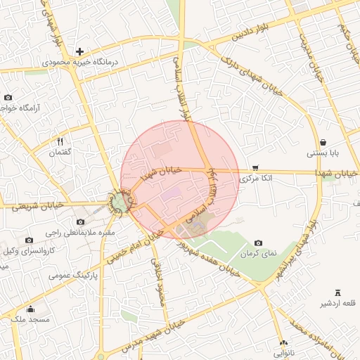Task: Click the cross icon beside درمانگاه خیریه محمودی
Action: click(80, 51)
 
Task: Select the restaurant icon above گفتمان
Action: click(60, 142)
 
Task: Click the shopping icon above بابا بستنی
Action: click(323, 142)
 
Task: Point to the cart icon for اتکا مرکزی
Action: click(255, 168)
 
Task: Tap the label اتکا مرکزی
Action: click(256, 179)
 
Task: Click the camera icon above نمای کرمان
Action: click(258, 243)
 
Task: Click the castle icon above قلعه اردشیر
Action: click(337, 292)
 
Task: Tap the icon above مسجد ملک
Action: click(30, 309)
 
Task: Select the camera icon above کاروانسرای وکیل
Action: click(29, 240)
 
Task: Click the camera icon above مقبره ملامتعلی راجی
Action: click(80, 222)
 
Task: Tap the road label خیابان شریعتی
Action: click(39, 205)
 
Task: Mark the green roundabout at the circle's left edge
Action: click(119, 203)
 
